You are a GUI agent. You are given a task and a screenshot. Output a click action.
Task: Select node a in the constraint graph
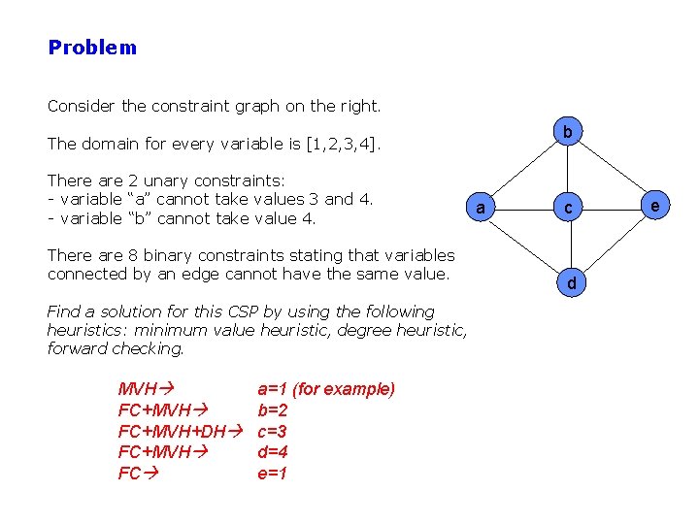click(479, 208)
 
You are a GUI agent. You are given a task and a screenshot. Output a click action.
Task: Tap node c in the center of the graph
click(571, 208)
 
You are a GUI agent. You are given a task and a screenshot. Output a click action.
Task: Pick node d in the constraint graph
click(571, 283)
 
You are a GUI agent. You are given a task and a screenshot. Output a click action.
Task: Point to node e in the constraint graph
click(656, 207)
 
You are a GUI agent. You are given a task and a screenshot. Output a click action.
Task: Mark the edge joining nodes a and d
click(524, 246)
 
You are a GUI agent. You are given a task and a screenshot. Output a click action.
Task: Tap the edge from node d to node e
click(614, 246)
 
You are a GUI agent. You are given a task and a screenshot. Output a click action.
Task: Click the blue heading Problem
click(92, 48)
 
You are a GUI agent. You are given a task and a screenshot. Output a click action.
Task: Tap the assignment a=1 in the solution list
click(272, 389)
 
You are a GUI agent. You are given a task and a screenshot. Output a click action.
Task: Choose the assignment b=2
click(272, 410)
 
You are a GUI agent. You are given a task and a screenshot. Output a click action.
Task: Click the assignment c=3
click(272, 431)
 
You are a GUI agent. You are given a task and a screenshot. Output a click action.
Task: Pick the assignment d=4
click(272, 452)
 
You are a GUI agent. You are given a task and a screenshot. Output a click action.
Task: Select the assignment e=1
click(272, 474)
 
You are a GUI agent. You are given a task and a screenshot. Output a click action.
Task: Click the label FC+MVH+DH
click(171, 431)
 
